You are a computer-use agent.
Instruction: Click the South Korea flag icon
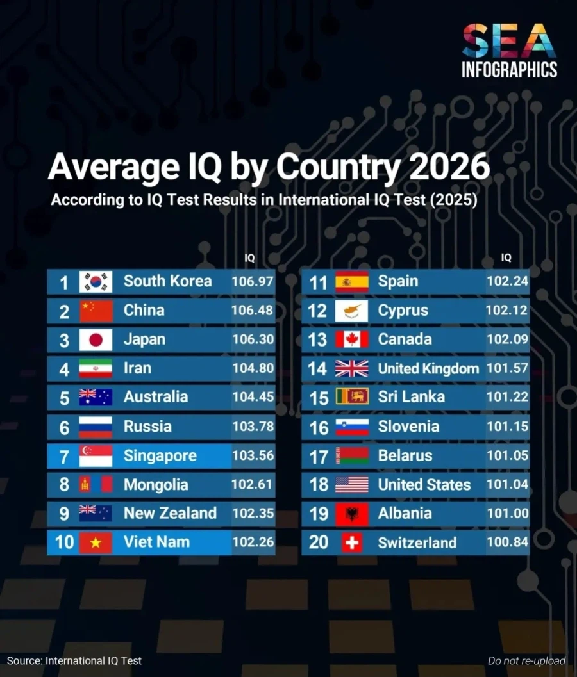click(x=96, y=282)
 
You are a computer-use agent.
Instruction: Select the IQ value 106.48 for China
click(x=253, y=311)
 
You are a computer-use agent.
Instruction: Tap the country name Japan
click(x=144, y=339)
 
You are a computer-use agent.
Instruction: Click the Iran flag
click(x=96, y=368)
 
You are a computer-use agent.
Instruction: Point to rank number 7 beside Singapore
click(x=63, y=457)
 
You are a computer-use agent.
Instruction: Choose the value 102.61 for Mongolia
click(x=253, y=485)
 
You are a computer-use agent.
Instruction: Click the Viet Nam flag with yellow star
click(x=96, y=542)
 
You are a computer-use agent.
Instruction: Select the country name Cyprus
click(x=403, y=311)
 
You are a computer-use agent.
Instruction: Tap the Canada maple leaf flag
click(x=351, y=339)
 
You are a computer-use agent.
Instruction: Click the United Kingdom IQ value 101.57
click(x=507, y=368)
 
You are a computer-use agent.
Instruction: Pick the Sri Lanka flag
click(x=351, y=397)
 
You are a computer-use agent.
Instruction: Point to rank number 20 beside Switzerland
click(x=319, y=542)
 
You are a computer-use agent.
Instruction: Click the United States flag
click(x=351, y=485)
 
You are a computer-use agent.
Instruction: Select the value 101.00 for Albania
click(x=507, y=514)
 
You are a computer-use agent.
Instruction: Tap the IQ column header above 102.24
click(x=506, y=258)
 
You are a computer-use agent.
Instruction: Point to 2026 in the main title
click(x=448, y=168)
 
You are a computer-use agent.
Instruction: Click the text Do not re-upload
click(x=526, y=660)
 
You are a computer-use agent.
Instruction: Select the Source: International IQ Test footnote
click(x=74, y=660)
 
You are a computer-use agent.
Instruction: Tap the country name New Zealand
click(x=170, y=514)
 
